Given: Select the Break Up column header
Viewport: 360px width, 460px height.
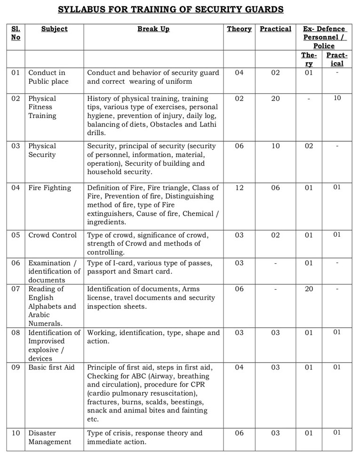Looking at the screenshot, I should pos(153,29).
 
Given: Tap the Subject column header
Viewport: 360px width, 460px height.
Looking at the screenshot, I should pos(54,29).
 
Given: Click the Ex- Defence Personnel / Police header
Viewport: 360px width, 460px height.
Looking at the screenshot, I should pos(324,37).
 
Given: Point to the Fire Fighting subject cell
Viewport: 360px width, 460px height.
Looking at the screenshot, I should pos(49,188).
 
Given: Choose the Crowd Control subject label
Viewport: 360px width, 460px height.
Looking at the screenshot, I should pos(52,235).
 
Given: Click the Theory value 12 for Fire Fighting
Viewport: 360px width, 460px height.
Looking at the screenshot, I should pos(239,188).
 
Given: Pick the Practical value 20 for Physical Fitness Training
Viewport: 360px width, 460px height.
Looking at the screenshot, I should pos(275,98).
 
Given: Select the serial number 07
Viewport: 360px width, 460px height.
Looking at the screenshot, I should pos(16,289).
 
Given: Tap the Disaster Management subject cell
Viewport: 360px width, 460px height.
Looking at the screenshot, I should pos(49,437).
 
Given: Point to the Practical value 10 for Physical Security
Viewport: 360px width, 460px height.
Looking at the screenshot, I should pos(275,146).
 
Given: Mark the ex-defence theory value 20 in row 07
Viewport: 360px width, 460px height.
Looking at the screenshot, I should pos(309,289).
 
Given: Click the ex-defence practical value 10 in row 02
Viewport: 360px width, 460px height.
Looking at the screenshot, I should pos(337,98).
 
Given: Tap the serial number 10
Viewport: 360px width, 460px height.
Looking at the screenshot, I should pos(16,433).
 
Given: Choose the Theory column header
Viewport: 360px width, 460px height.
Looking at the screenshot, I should pos(239,29).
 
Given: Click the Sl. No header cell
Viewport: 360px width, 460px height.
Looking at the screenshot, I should pos(16,33).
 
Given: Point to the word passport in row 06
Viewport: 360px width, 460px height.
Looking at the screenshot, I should pos(102,272).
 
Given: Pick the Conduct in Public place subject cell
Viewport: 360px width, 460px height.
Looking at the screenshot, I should pos(48,77).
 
